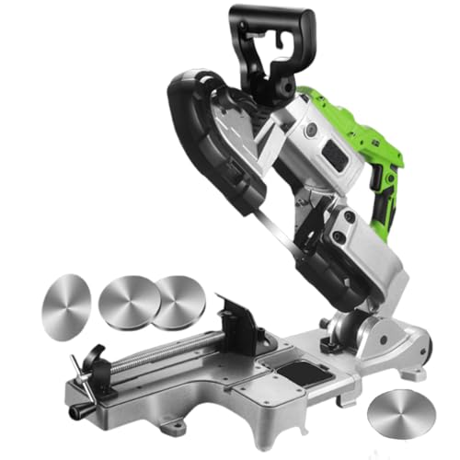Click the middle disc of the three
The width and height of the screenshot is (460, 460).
(128, 301)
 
